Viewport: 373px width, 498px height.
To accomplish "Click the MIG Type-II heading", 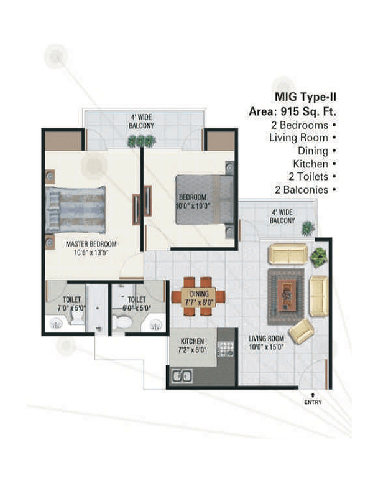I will click(306, 98).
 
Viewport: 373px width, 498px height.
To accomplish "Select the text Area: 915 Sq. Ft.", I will click(293, 113).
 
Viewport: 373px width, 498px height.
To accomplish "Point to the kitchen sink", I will click(182, 375).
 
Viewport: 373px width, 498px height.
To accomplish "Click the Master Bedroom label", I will click(91, 244).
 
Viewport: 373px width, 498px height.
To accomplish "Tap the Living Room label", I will click(266, 339).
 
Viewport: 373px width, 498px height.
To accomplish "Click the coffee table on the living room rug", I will click(287, 290).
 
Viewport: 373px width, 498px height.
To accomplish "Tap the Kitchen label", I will click(192, 342).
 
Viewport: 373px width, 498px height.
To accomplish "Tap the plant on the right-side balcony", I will click(307, 229).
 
